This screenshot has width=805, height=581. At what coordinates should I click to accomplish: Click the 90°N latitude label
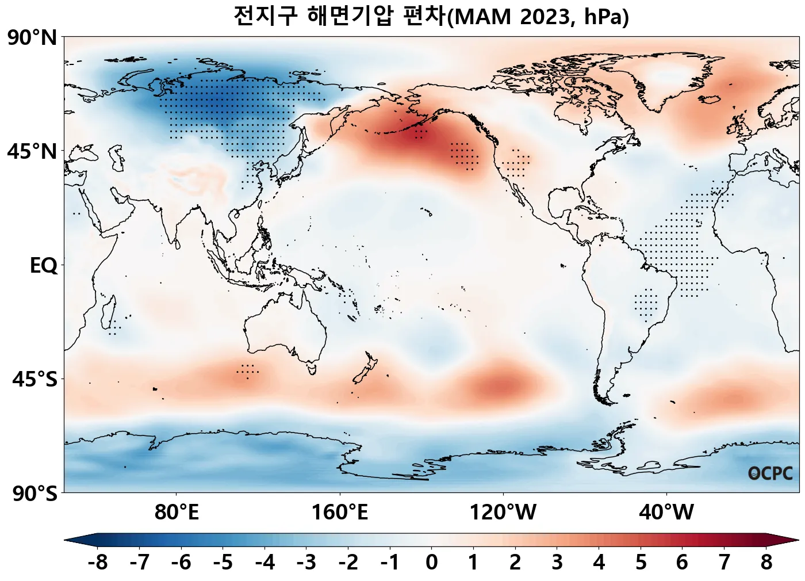point(32,39)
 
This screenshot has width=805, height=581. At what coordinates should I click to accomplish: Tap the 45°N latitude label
point(32,152)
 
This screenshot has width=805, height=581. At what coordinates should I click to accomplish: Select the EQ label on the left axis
point(44,266)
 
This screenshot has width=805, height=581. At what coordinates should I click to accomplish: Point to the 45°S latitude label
point(34,380)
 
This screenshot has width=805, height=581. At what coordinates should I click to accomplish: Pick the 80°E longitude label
point(177,511)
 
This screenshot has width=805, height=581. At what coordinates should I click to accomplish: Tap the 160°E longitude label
point(340,511)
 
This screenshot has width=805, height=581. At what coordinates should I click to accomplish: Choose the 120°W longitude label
point(503,511)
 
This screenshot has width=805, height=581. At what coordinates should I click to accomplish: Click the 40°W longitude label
point(666,511)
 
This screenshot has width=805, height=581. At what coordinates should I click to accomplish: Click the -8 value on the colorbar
point(98,562)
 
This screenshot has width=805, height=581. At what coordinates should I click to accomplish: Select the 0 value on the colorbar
point(432,562)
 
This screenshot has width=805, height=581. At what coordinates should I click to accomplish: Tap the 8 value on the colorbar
point(766,562)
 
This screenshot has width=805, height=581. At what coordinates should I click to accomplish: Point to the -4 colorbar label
point(265,562)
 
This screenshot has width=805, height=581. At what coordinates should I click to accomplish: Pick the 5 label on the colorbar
point(641,562)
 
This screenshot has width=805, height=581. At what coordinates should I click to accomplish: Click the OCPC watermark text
point(770,473)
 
